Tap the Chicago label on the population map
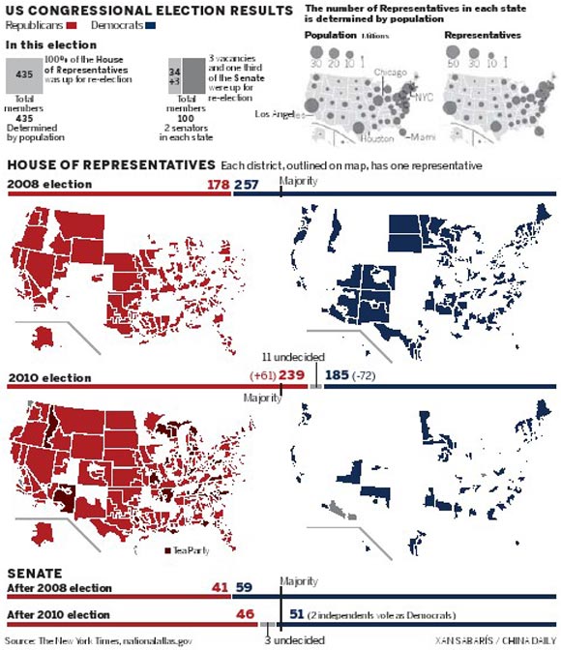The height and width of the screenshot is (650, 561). tap(390, 74)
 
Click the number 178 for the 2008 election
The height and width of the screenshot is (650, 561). tap(217, 184)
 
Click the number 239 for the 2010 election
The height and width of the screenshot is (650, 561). tap(292, 375)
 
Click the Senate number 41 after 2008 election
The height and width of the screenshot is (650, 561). tap(220, 586)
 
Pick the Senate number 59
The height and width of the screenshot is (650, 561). tap(244, 586)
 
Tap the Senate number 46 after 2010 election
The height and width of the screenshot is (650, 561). tap(245, 613)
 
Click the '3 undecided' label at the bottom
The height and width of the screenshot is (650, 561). tap(296, 639)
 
